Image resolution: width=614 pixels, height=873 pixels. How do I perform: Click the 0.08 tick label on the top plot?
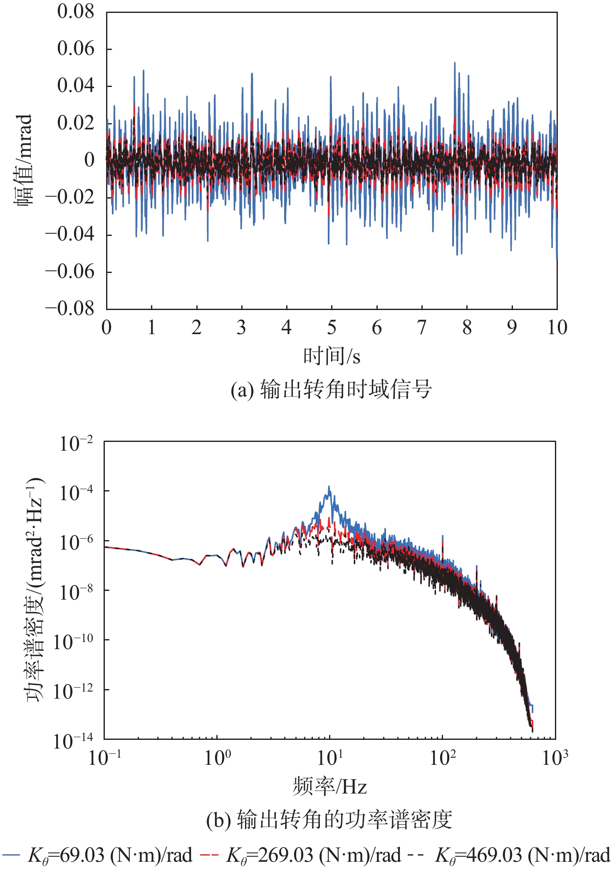(x=76, y=12)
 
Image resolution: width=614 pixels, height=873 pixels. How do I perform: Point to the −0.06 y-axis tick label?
(x=70, y=272)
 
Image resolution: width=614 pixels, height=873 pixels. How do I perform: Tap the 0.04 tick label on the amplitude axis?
(x=76, y=86)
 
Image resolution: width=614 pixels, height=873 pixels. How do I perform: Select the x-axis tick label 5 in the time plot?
(x=332, y=328)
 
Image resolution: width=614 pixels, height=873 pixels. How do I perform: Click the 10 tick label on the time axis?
(x=557, y=328)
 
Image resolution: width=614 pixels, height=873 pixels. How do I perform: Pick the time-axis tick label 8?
(x=467, y=328)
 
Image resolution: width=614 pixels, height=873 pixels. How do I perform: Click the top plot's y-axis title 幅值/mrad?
(x=24, y=160)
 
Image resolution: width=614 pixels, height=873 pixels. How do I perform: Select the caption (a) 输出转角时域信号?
(x=332, y=390)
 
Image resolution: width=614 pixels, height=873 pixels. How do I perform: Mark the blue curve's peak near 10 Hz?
(x=329, y=486)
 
